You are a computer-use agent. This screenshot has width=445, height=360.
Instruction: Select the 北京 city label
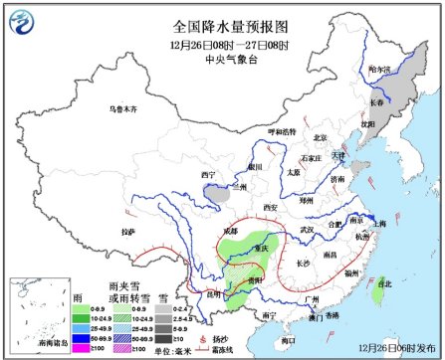pyautogui.click(x=321, y=138)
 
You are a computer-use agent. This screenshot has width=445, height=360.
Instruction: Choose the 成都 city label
pyautogui.click(x=232, y=230)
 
